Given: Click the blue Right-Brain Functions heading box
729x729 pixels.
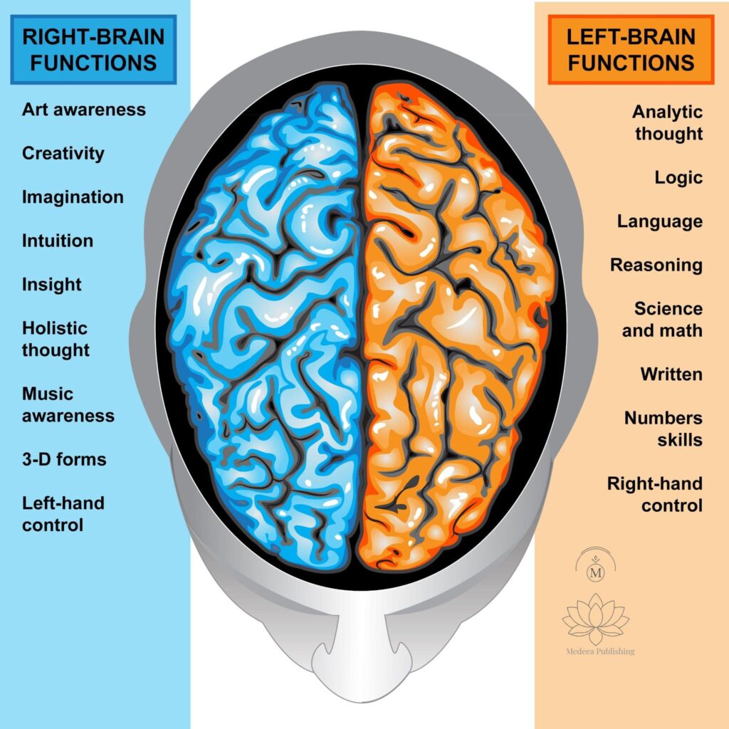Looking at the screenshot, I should [x=93, y=50].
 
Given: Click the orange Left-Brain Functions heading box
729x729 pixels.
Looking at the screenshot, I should [x=631, y=50].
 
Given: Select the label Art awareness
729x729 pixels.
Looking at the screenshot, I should [x=84, y=110].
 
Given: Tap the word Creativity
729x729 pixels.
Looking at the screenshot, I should [x=63, y=154].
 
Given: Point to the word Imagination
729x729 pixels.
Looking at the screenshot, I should [x=73, y=197].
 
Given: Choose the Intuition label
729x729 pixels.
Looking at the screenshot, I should [x=58, y=241].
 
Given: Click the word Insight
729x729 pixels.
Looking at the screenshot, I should [x=52, y=285].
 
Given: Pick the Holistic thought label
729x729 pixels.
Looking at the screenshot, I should [x=56, y=339].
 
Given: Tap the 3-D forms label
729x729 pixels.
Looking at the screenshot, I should [x=64, y=459].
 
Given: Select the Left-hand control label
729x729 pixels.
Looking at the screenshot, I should [x=63, y=514].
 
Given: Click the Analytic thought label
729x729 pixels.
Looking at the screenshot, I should [x=668, y=122].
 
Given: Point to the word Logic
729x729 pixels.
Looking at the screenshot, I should [x=678, y=177].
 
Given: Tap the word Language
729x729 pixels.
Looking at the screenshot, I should [x=660, y=221].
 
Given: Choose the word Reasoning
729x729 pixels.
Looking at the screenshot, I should [x=656, y=266].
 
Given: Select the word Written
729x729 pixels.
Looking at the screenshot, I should [x=671, y=374].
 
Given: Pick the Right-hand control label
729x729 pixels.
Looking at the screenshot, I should [x=655, y=495].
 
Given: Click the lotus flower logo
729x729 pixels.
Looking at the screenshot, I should [x=596, y=618].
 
